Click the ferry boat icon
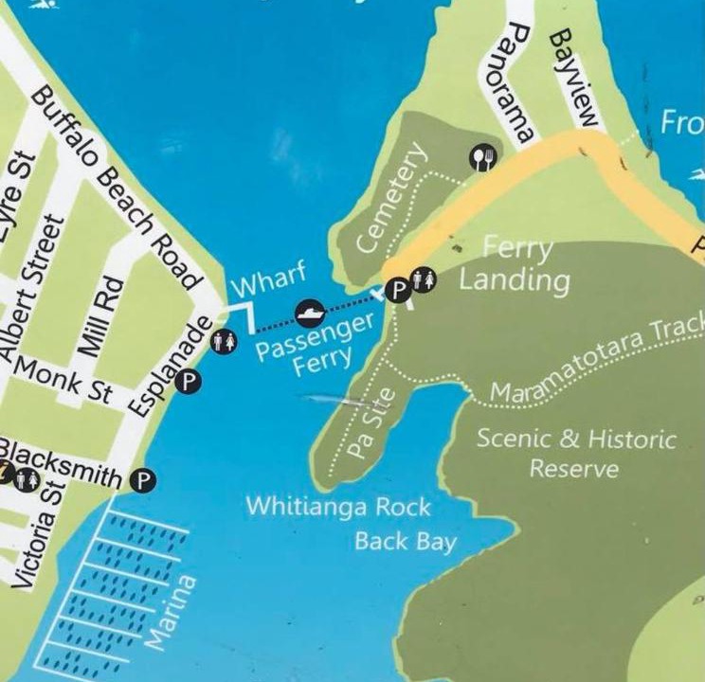(x=310, y=311)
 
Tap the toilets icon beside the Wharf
(x=225, y=340)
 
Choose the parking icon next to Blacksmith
(x=142, y=480)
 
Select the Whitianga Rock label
(x=338, y=506)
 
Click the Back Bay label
(x=406, y=542)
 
